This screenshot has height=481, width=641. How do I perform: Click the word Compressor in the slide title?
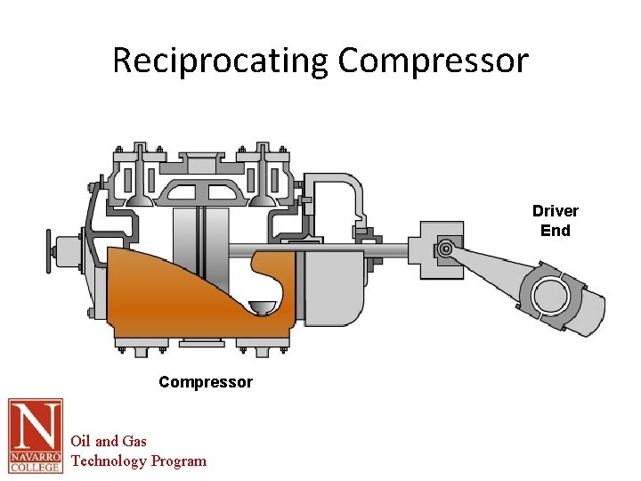tap(434, 61)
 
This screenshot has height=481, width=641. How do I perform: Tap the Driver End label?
tap(556, 220)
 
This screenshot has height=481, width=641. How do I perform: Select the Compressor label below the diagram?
tap(206, 382)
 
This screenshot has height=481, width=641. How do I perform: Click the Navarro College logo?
tap(36, 436)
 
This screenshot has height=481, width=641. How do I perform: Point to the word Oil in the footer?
tap(83, 441)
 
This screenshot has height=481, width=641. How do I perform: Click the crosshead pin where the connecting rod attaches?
tap(445, 250)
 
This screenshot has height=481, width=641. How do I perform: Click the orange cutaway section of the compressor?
tap(178, 298)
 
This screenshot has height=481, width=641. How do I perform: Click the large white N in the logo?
tap(36, 425)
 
